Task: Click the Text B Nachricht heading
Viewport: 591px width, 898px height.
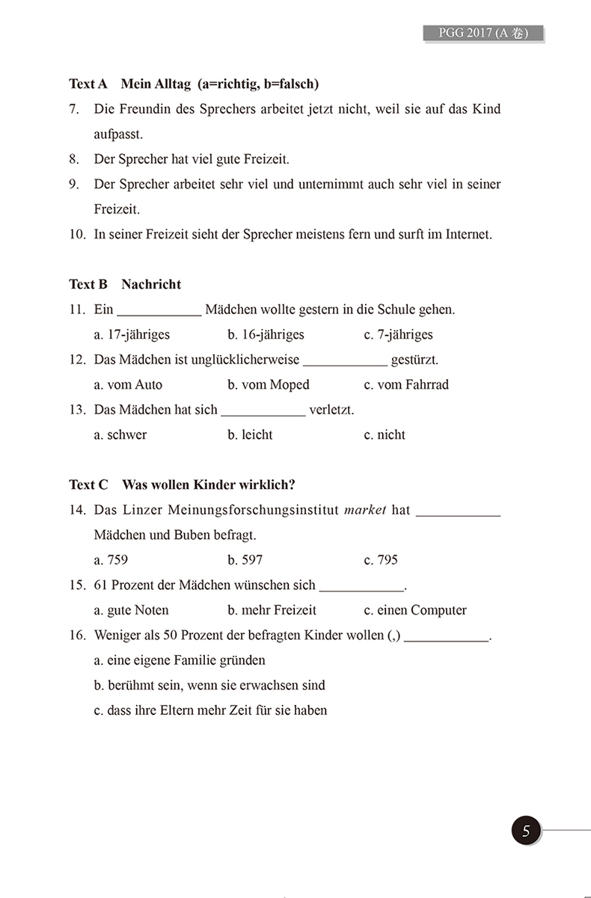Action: (125, 284)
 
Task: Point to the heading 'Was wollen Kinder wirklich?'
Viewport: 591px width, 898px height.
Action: (182, 485)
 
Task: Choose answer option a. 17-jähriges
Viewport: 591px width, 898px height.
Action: (132, 334)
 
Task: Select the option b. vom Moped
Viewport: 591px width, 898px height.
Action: (269, 384)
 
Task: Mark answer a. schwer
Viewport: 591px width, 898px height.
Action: (120, 434)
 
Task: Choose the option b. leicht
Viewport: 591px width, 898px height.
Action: (251, 434)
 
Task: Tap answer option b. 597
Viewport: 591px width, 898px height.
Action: (245, 559)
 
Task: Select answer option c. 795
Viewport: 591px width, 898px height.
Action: (381, 559)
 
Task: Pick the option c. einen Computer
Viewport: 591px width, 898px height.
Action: (415, 610)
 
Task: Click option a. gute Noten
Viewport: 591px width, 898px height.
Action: (132, 610)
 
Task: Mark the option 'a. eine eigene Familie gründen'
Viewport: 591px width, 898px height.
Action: (180, 660)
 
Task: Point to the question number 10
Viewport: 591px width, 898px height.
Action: (77, 234)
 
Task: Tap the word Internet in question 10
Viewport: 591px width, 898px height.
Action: (468, 234)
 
